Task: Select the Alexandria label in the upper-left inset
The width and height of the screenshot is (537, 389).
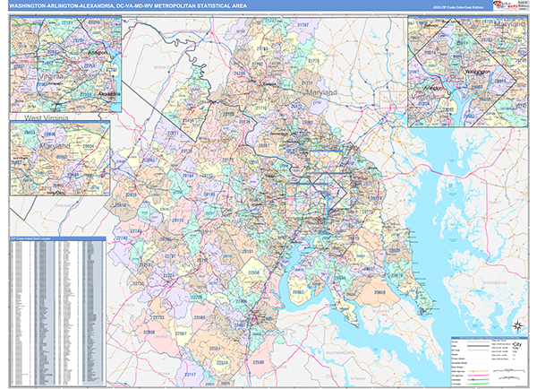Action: (x=107, y=91)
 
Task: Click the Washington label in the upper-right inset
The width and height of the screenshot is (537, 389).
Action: (x=478, y=69)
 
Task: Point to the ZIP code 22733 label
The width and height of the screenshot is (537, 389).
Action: (x=160, y=316)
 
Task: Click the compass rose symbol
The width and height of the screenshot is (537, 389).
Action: (x=516, y=326)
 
